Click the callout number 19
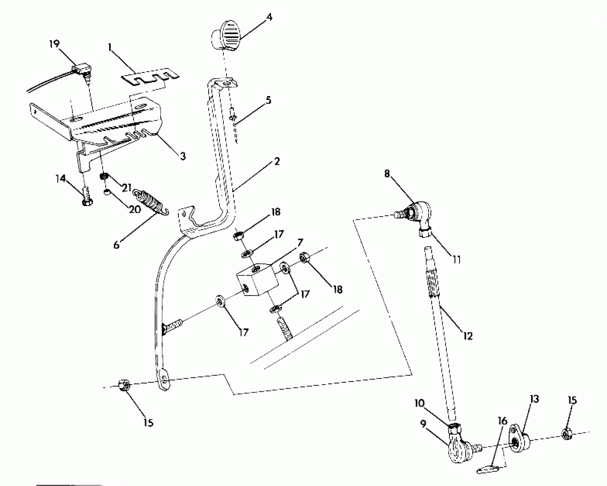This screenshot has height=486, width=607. click(x=54, y=44)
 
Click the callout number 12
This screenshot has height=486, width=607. click(x=468, y=336)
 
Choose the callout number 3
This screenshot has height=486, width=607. click(x=182, y=156)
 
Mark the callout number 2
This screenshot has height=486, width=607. click(x=276, y=162)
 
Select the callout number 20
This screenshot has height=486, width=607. click(x=135, y=210)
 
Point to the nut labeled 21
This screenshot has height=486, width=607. click(x=103, y=176)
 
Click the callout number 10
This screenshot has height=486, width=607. click(x=420, y=404)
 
